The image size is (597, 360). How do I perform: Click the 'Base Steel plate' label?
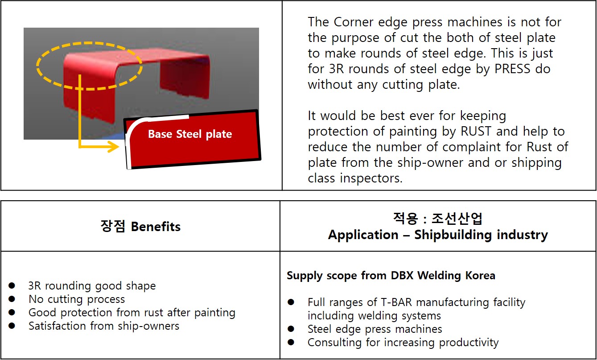pyautogui.click(x=190, y=134)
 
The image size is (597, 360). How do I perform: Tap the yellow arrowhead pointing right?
pyautogui.click(x=114, y=146)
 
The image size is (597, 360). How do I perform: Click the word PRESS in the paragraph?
pyautogui.click(x=512, y=69)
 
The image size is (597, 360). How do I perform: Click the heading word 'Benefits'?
pyautogui.click(x=156, y=227)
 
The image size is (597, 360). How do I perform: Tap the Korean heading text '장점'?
pyautogui.click(x=113, y=226)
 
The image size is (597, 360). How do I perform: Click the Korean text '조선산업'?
pyautogui.click(x=457, y=219)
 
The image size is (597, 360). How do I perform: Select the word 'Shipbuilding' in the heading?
pyautogui.click(x=453, y=235)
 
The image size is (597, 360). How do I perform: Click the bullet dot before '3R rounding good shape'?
pyautogui.click(x=12, y=286)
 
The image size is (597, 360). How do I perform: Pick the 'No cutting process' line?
pyautogui.click(x=77, y=299)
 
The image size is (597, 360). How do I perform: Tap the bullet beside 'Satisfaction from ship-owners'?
pyautogui.click(x=12, y=326)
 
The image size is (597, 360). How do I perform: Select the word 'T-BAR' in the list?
pyautogui.click(x=397, y=302)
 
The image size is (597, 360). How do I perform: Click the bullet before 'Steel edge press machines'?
pyautogui.click(x=291, y=329)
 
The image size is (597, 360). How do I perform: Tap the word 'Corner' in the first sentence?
pyautogui.click(x=354, y=22)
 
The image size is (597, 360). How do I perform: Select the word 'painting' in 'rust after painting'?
pyautogui.click(x=215, y=313)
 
